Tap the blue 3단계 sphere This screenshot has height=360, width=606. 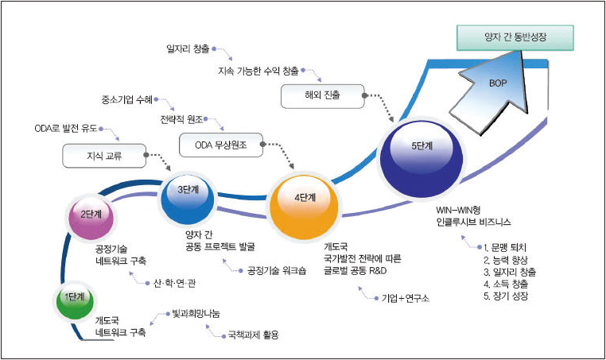185,199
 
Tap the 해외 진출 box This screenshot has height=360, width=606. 321,96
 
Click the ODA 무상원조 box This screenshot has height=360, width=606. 219,145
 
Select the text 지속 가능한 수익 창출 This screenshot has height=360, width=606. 258,71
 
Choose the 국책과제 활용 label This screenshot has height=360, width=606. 254,334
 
